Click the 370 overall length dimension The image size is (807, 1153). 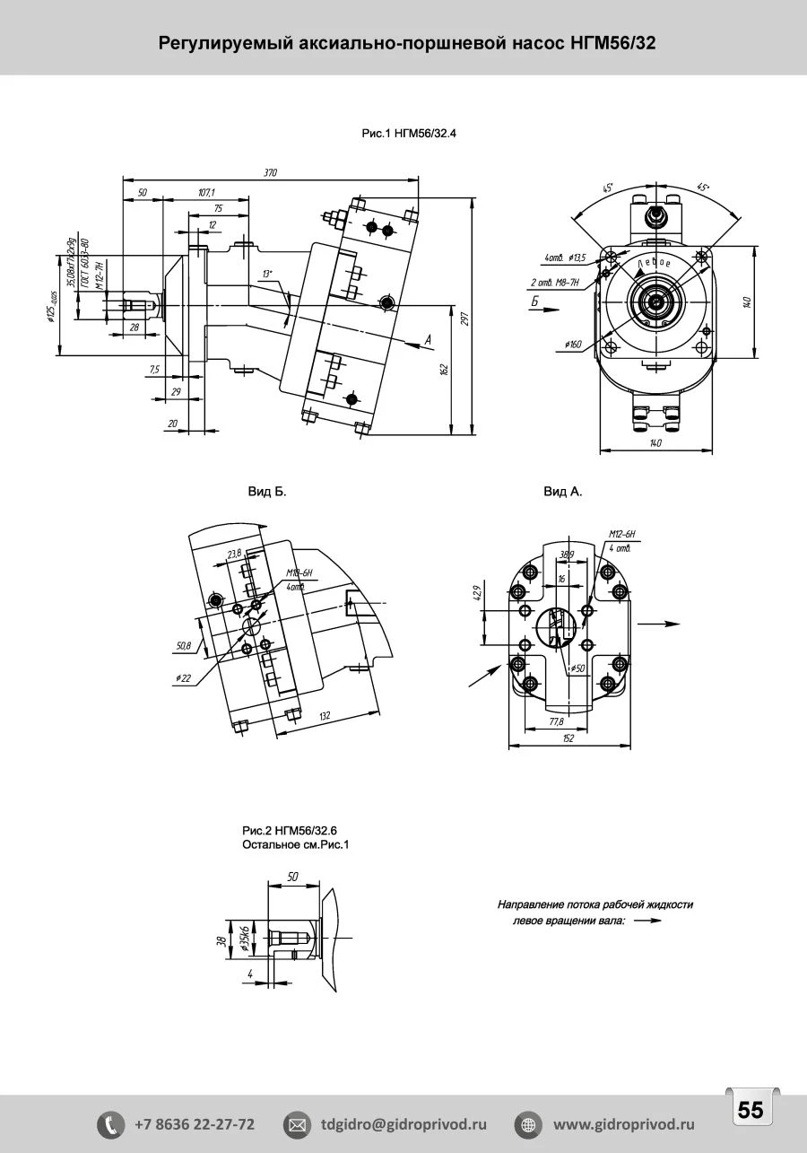(271, 172)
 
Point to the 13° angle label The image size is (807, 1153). (267, 273)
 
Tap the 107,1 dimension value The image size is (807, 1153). (207, 192)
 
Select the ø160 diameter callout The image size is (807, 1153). (574, 345)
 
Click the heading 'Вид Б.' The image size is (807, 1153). (267, 492)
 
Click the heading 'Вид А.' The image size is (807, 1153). (563, 492)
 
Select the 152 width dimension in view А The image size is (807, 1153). (568, 738)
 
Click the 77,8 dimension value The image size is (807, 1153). (556, 721)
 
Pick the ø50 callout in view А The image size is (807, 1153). (577, 668)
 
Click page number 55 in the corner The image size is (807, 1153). (751, 1110)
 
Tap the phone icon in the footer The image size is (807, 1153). (110, 1124)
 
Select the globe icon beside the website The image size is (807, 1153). (528, 1124)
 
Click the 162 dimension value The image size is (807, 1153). (446, 371)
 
